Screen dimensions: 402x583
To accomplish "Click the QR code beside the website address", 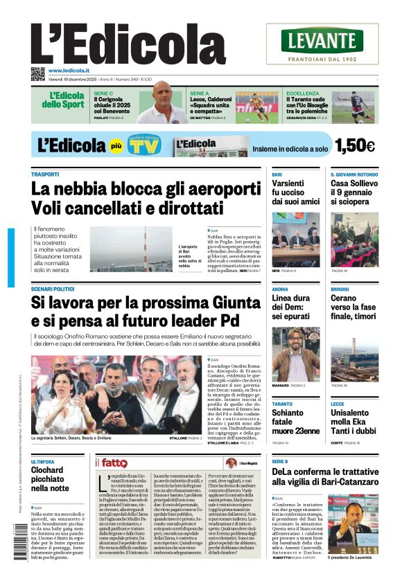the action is pyautogui.click(x=37, y=73).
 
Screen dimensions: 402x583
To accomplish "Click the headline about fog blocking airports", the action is pyautogui.click(x=146, y=197).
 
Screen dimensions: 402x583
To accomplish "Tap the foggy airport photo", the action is pyautogui.click(x=132, y=249).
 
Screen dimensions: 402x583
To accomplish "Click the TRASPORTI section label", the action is pyautogui.click(x=45, y=174).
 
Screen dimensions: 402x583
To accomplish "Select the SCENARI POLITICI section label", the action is pyautogui.click(x=53, y=289).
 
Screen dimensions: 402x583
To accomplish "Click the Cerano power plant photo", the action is pyautogui.click(x=354, y=354).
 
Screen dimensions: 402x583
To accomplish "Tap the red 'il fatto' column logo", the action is pyautogui.click(x=111, y=463).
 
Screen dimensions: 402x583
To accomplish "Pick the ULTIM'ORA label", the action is pyautogui.click(x=43, y=462).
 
